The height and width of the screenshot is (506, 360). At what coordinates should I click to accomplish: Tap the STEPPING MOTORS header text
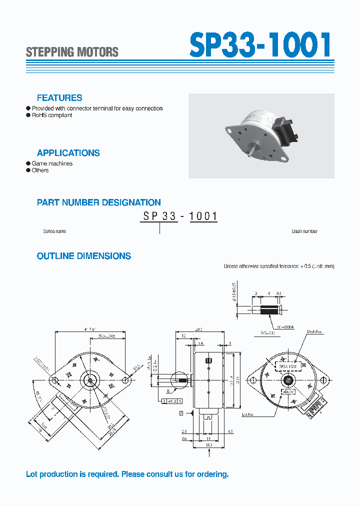coord(72,52)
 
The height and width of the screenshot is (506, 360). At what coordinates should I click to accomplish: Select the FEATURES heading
coord(59,98)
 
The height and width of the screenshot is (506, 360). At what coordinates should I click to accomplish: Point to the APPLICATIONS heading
coord(68,153)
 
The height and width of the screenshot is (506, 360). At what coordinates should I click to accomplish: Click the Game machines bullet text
coord(52,163)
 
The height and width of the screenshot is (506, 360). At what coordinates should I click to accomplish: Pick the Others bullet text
coord(40,170)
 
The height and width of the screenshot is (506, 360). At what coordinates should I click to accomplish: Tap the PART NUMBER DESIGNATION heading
coord(98,202)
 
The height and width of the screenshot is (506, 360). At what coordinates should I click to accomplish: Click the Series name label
coord(54,231)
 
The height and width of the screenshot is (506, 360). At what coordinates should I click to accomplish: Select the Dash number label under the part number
coord(304,231)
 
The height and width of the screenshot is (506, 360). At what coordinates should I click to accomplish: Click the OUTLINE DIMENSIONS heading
coord(84,256)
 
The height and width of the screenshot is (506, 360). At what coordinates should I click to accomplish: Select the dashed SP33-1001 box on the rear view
coord(287,366)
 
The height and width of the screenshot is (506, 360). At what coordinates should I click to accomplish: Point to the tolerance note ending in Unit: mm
coord(278,266)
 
